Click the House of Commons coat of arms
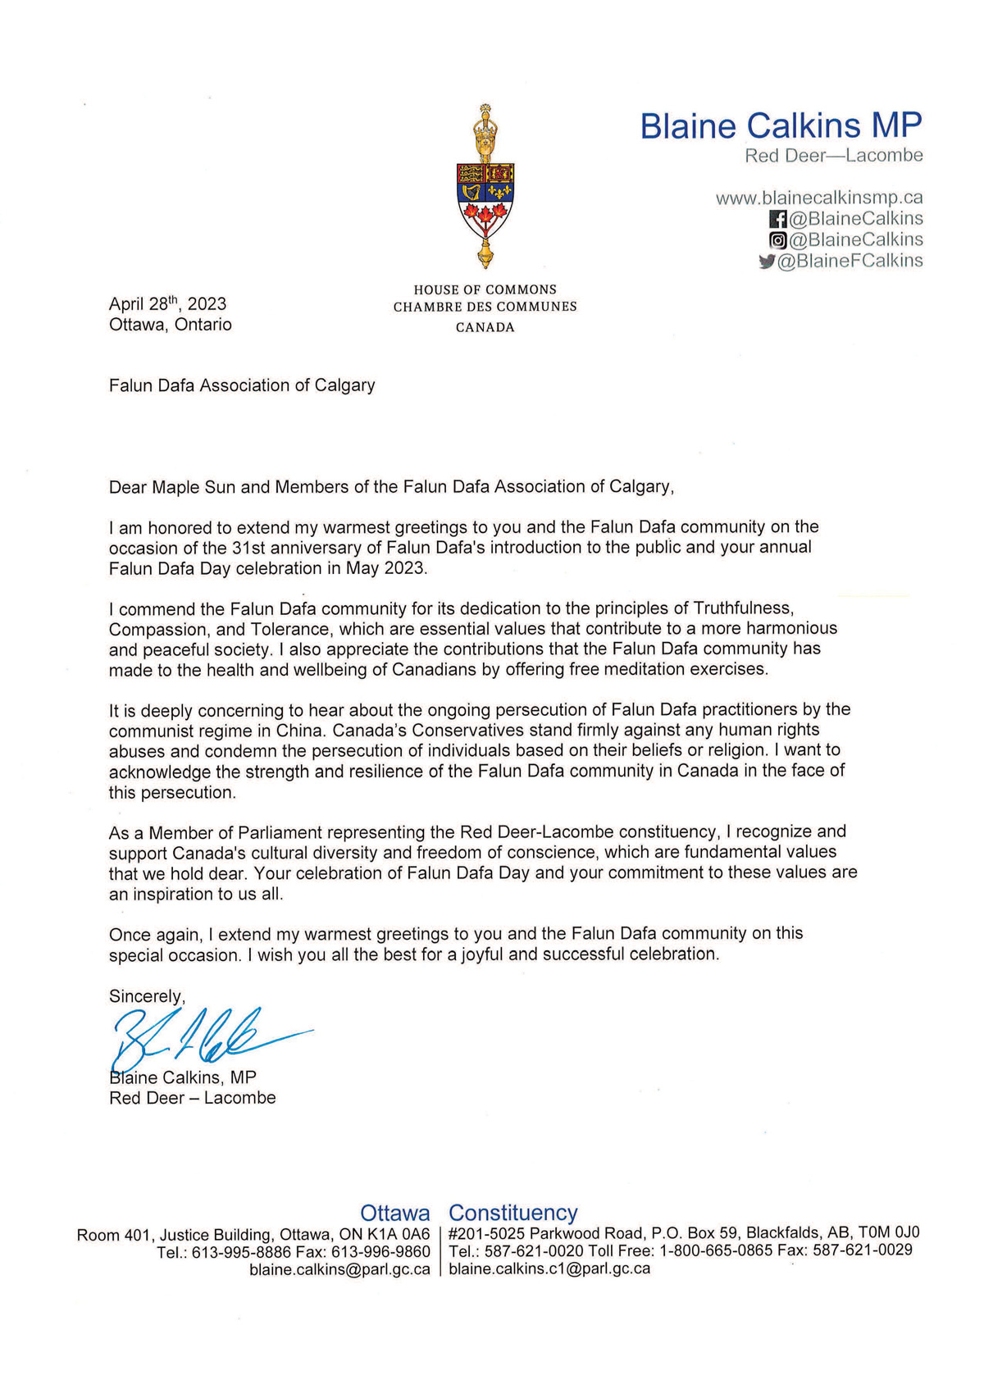pos(485,187)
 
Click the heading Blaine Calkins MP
pos(781,125)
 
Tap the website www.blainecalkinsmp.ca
pos(819,198)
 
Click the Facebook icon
pos(777,219)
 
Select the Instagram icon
pos(777,240)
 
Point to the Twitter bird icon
pos(767,262)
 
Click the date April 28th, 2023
pos(167,303)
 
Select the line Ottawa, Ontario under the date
pos(171,325)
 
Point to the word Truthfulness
pos(743,608)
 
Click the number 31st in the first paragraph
pos(272,547)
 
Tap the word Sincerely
pos(146,996)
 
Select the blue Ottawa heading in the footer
pos(395,1213)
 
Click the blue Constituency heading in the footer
pos(513,1213)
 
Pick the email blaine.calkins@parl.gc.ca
pos(339,1269)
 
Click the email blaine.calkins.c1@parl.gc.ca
pos(549,1269)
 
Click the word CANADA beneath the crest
pos(485,327)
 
